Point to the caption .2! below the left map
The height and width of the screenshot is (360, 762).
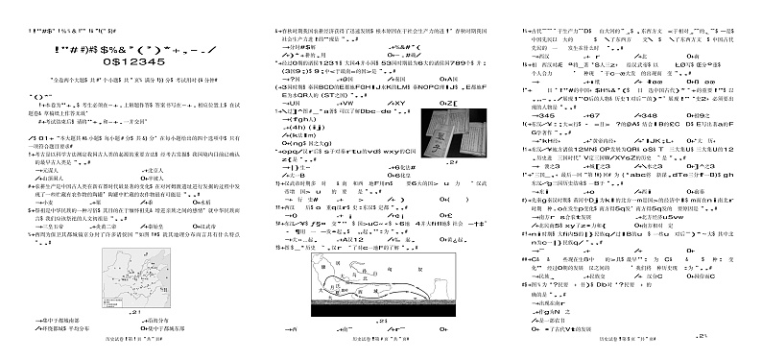click(x=133, y=313)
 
